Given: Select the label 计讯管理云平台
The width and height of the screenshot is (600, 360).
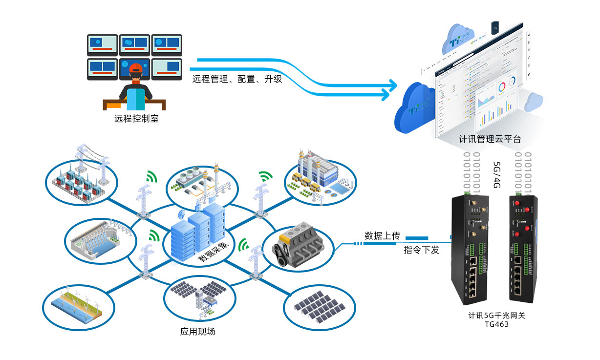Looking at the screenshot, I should pyautogui.click(x=490, y=139).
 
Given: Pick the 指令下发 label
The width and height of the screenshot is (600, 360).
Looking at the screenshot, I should pyautogui.click(x=421, y=250).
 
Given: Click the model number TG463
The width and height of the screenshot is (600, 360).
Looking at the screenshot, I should pyautogui.click(x=496, y=324).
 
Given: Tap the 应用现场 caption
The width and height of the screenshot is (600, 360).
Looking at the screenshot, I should pyautogui.click(x=197, y=332).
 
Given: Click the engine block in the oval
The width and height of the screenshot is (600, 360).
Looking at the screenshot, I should pyautogui.click(x=299, y=246).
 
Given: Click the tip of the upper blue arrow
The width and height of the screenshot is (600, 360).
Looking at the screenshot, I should pyautogui.click(x=397, y=85).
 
